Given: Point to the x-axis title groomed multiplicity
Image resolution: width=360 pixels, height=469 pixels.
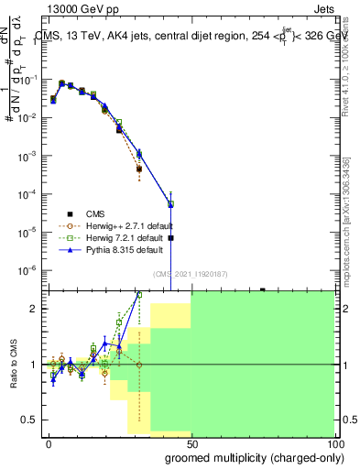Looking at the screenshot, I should pos(254,457).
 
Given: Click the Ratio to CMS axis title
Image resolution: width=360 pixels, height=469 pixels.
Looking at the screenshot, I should pos(14,365).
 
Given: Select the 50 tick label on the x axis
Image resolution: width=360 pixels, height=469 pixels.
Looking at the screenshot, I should pos(191,443).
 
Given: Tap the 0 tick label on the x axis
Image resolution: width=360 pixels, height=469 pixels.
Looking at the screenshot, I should pos(49,443).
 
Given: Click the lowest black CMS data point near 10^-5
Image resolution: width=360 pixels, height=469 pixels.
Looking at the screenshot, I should pos(170,237).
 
